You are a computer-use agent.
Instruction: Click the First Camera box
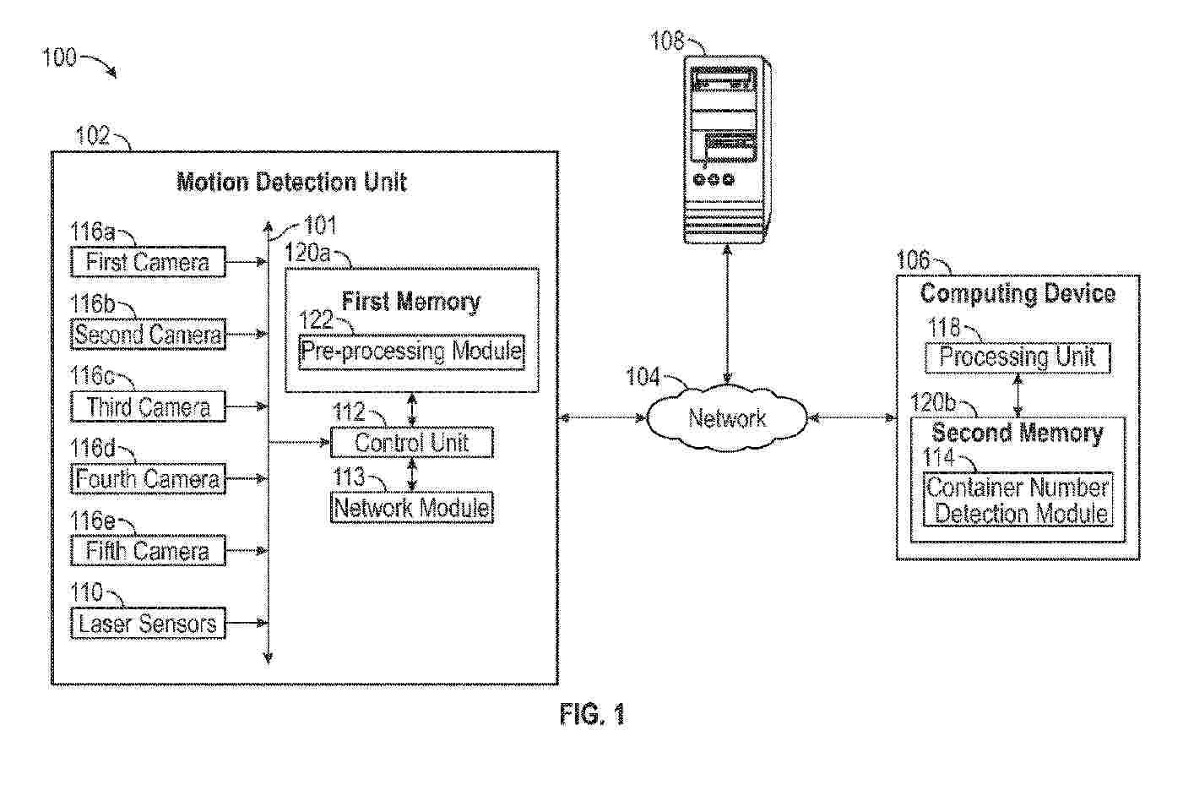coord(148,262)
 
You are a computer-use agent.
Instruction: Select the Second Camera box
coord(148,335)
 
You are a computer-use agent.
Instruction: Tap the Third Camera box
coord(148,407)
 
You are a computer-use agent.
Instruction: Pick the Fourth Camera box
coord(148,479)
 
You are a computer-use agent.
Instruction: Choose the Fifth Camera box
coord(148,551)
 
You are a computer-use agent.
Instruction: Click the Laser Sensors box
coord(148,624)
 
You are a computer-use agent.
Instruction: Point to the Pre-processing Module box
coord(411,352)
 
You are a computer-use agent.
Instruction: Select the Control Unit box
coord(411,443)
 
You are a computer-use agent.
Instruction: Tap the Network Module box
coord(411,507)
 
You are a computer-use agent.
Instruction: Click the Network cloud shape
coord(727,417)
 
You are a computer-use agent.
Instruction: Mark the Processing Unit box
coord(1017,357)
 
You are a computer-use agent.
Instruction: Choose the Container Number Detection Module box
coord(1018,500)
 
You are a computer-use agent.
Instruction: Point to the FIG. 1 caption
coord(592,715)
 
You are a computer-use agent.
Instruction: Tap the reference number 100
coord(59,57)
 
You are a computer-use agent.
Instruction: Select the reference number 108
coord(667,41)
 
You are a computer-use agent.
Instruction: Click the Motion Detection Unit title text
coord(291,183)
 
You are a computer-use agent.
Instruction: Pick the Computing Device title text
coord(1018,294)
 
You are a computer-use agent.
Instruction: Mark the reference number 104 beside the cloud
coord(643,377)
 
